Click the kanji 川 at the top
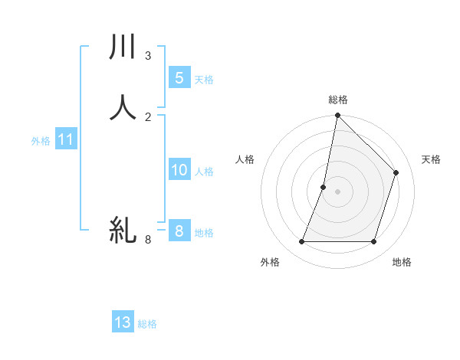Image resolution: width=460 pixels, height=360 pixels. (123, 47)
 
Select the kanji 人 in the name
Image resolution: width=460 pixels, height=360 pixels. (123, 107)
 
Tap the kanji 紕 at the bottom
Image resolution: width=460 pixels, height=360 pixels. (123, 230)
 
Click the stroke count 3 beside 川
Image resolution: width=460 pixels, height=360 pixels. (148, 56)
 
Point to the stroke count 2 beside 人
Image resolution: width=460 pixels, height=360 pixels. (148, 116)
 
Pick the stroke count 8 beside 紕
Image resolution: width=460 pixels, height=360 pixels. (148, 240)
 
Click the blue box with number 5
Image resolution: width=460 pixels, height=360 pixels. (179, 77)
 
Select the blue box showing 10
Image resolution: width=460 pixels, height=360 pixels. (179, 169)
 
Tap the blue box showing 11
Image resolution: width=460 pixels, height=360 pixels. (66, 139)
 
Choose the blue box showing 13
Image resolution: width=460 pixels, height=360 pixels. (123, 322)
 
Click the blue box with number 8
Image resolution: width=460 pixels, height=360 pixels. (179, 231)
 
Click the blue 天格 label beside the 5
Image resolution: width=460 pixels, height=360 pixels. (204, 80)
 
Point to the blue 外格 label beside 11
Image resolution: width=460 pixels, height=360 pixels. (41, 141)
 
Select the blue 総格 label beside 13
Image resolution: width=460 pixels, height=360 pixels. (147, 324)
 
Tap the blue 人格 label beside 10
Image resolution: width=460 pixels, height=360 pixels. (204, 172)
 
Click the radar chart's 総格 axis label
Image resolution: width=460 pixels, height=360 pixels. (338, 100)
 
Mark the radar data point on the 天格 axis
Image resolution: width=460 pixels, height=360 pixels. (396, 172)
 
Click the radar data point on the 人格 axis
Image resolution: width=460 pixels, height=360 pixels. (324, 187)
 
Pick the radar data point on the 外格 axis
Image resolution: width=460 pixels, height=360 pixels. (301, 242)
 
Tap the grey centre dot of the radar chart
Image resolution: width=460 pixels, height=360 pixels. (338, 191)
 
